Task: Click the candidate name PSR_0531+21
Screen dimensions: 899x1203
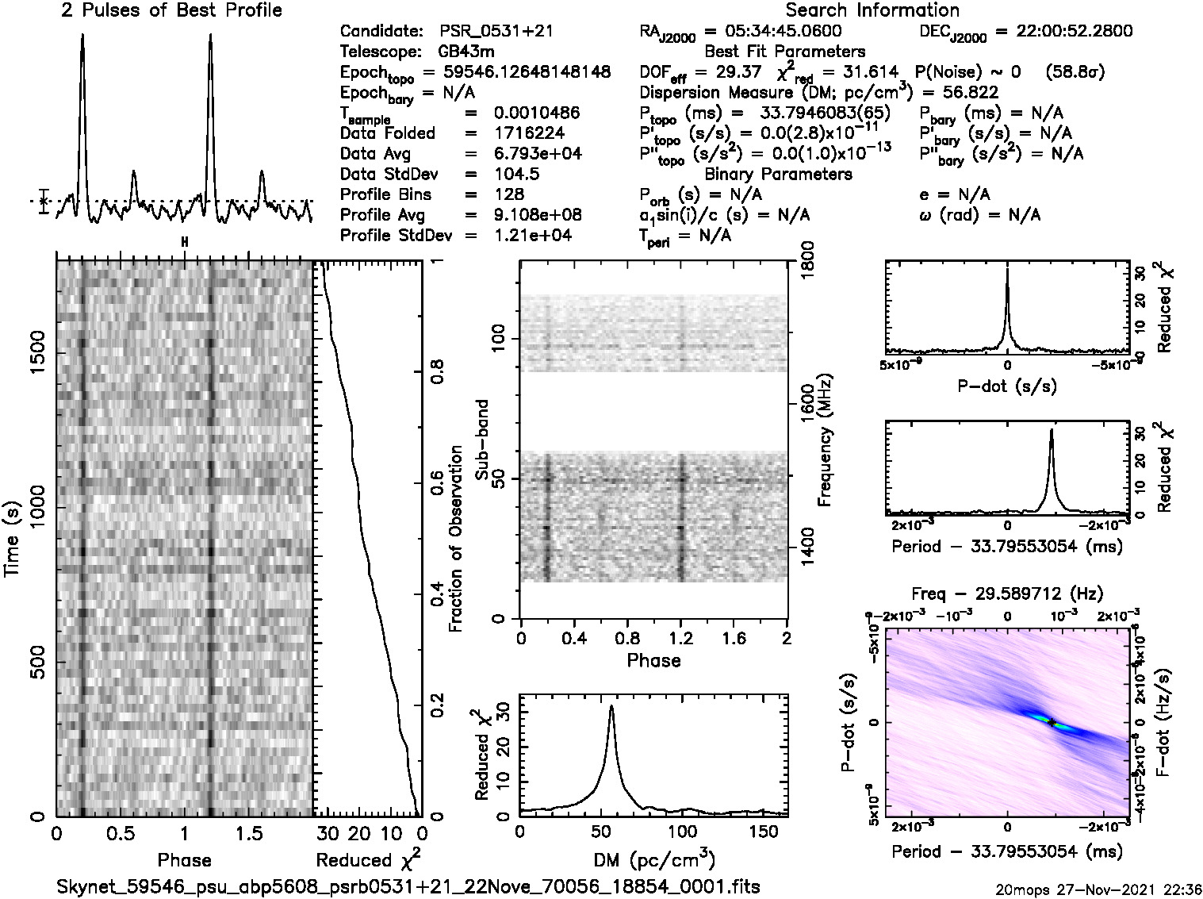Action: [x=496, y=32]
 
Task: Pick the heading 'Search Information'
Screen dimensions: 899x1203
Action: [x=872, y=10]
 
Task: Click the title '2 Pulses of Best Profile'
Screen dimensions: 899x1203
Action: [x=170, y=10]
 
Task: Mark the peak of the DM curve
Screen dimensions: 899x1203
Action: [x=611, y=706]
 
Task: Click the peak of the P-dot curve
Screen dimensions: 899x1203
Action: [x=1007, y=270]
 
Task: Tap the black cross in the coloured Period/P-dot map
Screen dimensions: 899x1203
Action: [x=1052, y=722]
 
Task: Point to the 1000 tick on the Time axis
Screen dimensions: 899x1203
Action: [x=36, y=513]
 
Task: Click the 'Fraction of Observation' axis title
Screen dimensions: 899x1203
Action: [x=456, y=539]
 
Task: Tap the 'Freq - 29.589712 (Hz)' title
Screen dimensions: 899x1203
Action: [x=1007, y=594]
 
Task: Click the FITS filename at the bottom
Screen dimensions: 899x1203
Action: [x=408, y=886]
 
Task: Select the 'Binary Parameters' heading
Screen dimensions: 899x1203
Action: [x=778, y=174]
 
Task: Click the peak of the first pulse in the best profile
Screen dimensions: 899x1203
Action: [x=82, y=36]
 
